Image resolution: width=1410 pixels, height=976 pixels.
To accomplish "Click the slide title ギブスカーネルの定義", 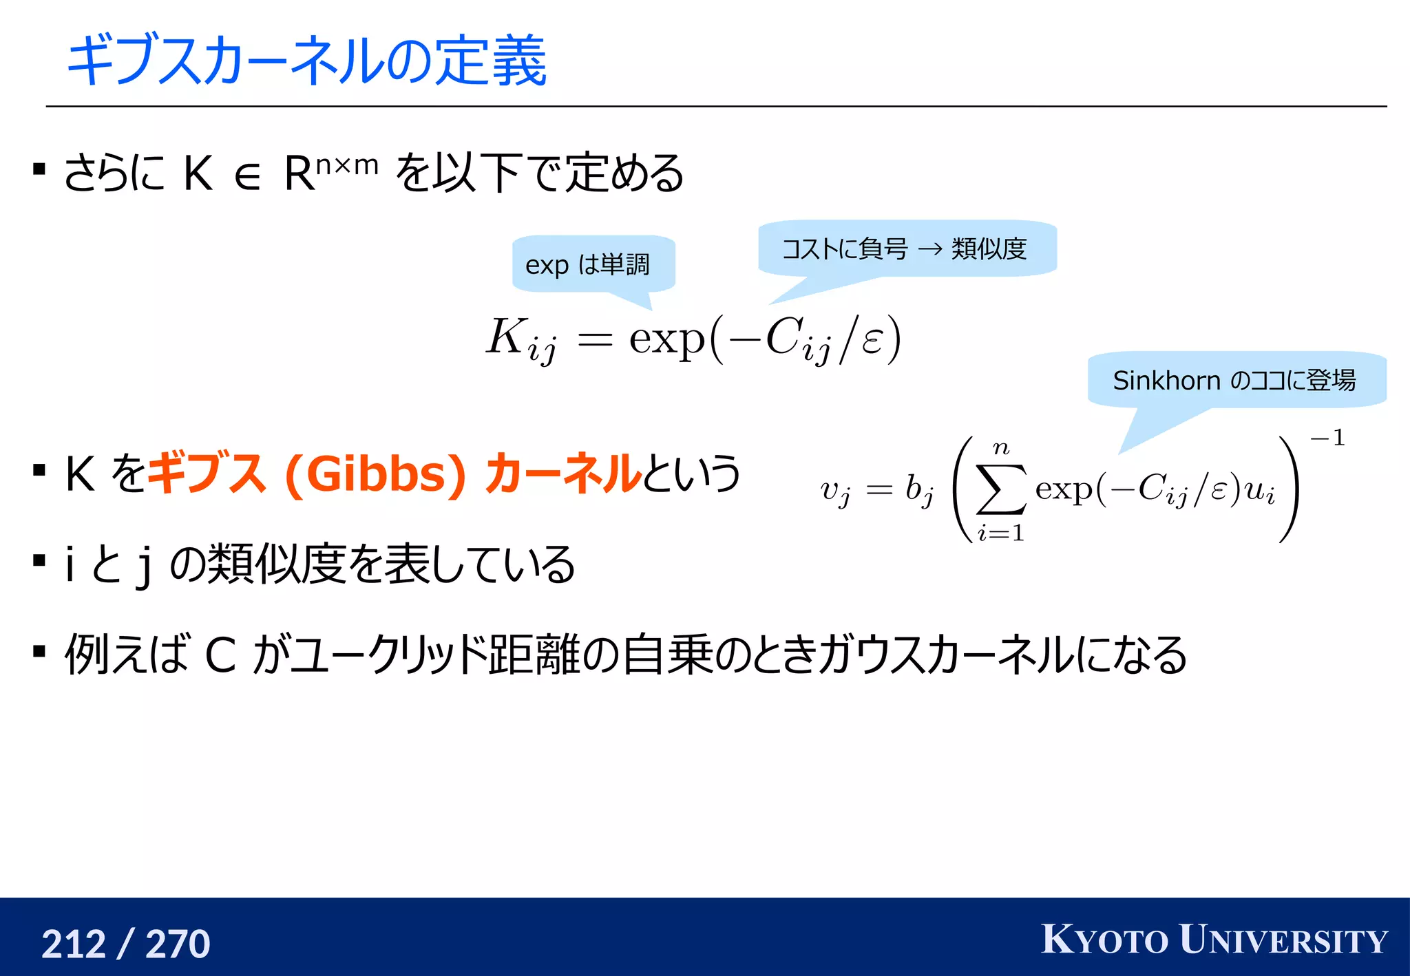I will (x=306, y=61).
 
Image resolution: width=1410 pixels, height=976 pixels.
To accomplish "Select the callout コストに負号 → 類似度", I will (x=905, y=248).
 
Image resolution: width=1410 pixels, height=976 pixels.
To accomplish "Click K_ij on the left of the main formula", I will (x=520, y=339).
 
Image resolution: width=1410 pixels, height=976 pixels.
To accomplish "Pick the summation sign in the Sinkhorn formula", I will (x=1001, y=489).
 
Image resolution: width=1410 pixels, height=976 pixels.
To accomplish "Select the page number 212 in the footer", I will (x=74, y=944).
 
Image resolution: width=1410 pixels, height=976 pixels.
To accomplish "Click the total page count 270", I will (x=178, y=944).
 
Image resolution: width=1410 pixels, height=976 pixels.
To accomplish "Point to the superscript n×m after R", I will (x=347, y=165).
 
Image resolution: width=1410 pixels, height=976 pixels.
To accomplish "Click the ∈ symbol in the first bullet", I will (x=247, y=176).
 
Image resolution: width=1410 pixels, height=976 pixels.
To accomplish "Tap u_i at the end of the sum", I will (x=1260, y=491).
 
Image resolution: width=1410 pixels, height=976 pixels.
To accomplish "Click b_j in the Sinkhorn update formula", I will (x=920, y=490).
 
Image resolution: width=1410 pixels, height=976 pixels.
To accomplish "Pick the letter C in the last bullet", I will (x=221, y=655).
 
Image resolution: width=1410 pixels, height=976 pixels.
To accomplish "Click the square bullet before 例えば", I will (x=39, y=651).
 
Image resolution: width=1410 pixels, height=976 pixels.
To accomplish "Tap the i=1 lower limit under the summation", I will (x=1000, y=532).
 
